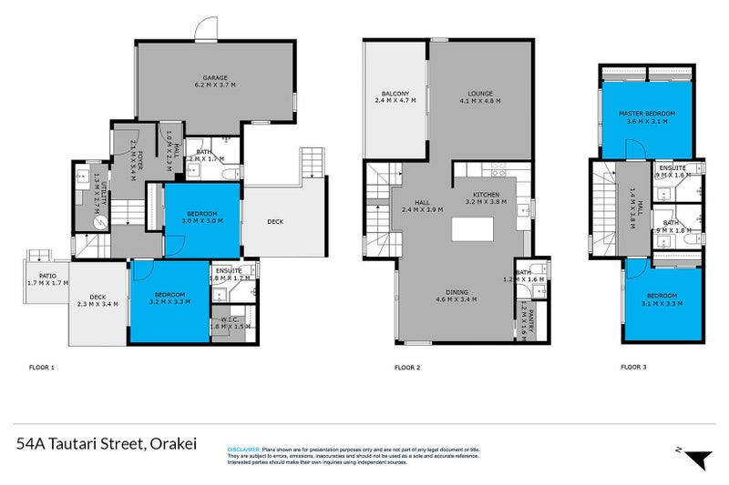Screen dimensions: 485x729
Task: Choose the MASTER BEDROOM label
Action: pyautogui.click(x=645, y=114)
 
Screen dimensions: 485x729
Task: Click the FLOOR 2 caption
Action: pyautogui.click(x=406, y=369)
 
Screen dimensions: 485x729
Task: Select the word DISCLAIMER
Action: pyautogui.click(x=243, y=450)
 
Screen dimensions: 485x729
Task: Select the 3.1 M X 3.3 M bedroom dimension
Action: pyautogui.click(x=662, y=304)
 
